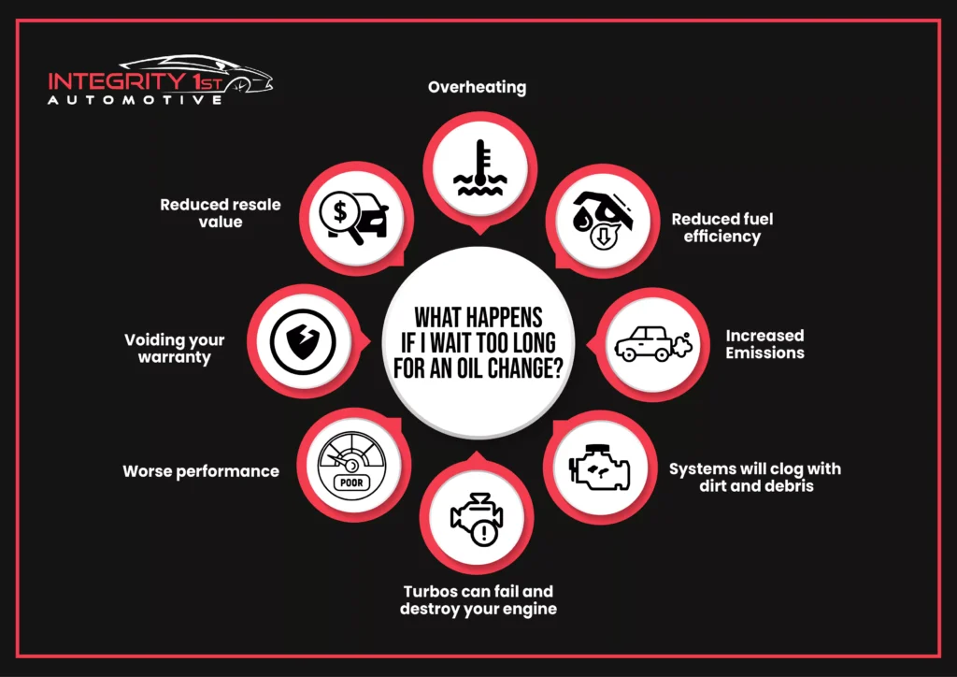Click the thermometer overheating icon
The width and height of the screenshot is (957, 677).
click(x=479, y=168)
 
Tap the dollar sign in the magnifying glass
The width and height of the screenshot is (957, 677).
click(x=340, y=212)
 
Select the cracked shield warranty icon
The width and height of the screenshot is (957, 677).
click(x=303, y=341)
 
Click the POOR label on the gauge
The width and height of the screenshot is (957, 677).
click(x=351, y=483)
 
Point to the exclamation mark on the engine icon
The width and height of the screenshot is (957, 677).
click(x=485, y=534)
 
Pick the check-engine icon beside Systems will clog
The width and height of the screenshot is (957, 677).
click(x=599, y=467)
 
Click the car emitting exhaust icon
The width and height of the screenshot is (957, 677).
click(x=653, y=344)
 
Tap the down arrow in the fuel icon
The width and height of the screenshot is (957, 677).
click(x=604, y=238)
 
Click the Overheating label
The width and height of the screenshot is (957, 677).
click(x=478, y=87)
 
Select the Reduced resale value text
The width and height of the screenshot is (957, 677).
click(x=221, y=213)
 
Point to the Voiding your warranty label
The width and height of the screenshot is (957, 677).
click(x=175, y=349)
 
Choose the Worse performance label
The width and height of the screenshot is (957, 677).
click(x=201, y=471)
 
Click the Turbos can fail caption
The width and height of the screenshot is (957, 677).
click(x=478, y=600)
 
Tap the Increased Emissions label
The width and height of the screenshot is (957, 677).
click(x=764, y=344)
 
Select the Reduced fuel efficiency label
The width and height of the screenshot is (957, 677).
click(x=722, y=228)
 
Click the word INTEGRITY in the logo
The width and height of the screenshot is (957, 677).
click(x=115, y=81)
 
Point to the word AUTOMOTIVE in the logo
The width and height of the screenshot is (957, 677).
click(x=135, y=100)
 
